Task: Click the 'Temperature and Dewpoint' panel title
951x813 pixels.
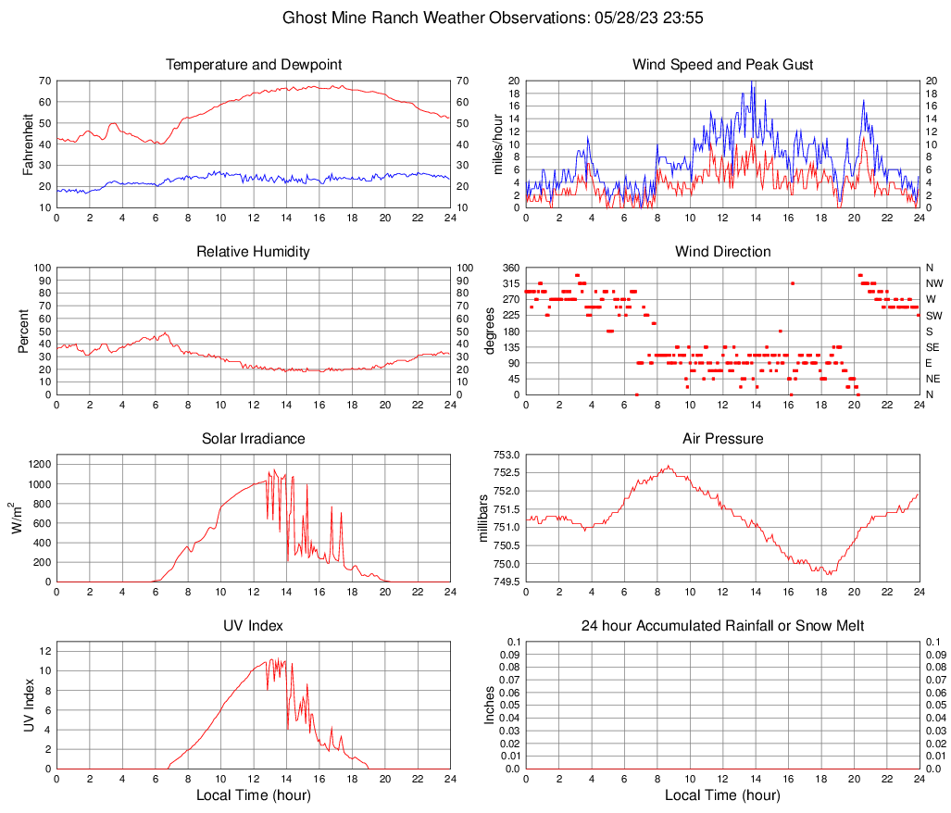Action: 254,65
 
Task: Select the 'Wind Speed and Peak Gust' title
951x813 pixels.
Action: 722,65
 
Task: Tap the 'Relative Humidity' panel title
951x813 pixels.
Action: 254,252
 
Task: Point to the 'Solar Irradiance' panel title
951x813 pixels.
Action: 254,439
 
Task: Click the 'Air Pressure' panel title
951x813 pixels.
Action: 722,439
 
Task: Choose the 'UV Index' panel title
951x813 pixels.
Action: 254,626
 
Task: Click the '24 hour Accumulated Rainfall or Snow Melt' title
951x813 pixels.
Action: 722,626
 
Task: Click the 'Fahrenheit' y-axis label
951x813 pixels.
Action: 28,144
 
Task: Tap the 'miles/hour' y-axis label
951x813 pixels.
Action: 497,144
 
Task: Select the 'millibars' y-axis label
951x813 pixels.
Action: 482,518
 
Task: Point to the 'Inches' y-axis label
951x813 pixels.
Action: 490,705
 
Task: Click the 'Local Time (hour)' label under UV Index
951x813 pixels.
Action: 254,795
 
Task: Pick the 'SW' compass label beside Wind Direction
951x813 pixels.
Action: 932,316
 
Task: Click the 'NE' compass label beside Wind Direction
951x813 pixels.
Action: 932,379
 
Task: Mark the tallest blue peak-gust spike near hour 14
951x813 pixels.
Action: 752,82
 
